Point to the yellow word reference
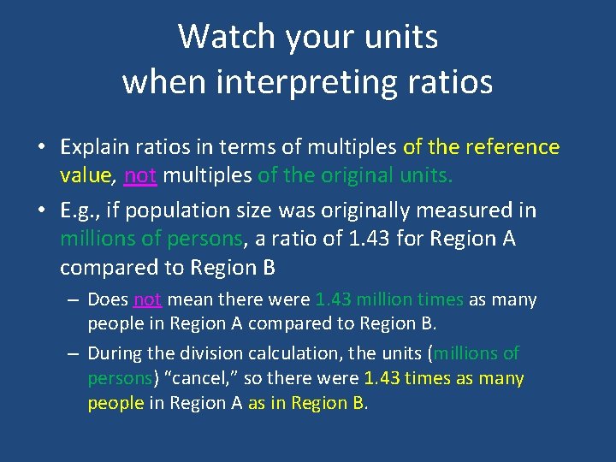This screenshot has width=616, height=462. click(x=512, y=147)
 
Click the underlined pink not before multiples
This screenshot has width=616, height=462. click(x=140, y=176)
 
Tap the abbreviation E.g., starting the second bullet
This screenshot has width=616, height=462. click(x=80, y=210)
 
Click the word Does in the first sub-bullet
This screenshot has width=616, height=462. click(x=108, y=299)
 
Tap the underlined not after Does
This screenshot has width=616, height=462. click(x=147, y=299)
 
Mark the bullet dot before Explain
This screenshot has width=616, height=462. click(x=41, y=148)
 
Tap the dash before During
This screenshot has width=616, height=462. click(x=74, y=352)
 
